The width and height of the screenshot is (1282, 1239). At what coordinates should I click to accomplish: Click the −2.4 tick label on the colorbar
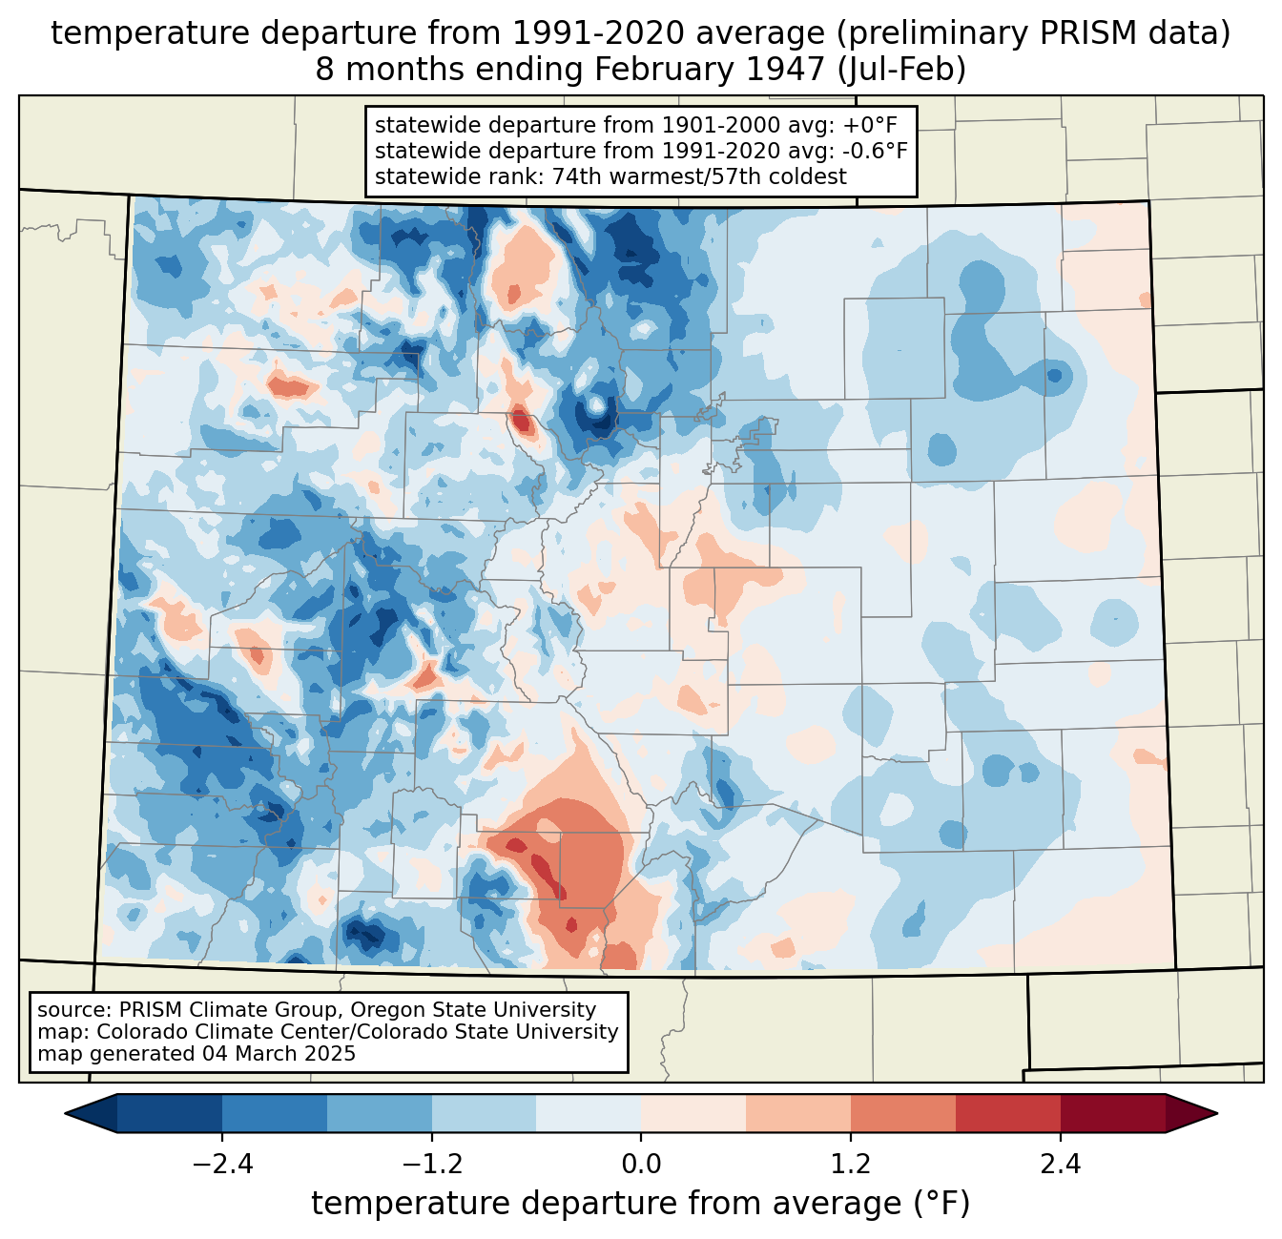[221, 1165]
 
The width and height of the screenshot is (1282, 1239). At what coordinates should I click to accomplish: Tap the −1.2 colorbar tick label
[431, 1165]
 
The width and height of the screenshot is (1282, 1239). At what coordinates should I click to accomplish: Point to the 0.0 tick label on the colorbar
[641, 1165]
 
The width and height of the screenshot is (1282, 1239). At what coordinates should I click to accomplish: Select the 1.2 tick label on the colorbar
[851, 1165]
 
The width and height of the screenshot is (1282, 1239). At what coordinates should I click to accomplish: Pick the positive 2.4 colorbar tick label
[1061, 1165]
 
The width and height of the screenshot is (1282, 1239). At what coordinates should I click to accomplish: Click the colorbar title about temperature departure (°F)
[641, 1204]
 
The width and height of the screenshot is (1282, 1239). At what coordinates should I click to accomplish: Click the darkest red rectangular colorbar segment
[1112, 1113]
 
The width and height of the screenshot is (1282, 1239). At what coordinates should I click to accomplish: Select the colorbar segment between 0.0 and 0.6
[693, 1113]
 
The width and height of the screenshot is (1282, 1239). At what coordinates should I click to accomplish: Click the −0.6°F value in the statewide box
[875, 151]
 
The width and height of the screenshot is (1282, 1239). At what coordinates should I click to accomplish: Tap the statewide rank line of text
[610, 176]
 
